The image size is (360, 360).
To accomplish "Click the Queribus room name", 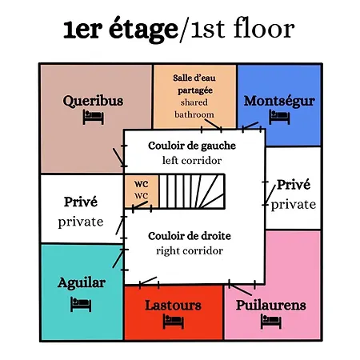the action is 93,102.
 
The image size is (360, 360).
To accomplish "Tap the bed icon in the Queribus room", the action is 93,117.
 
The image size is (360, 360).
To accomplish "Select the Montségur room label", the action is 279,102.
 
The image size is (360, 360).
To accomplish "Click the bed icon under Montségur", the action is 279,117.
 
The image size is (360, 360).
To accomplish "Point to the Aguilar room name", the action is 82,283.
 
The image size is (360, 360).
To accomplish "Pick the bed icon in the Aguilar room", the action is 81,304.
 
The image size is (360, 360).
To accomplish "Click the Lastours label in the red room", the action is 173,306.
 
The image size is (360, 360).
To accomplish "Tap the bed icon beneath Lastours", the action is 174,322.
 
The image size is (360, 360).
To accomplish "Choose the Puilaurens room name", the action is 271,306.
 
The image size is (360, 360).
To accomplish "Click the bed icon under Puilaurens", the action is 271,322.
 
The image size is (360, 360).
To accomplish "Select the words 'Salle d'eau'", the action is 194,78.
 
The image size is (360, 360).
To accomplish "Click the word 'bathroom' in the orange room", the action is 194,114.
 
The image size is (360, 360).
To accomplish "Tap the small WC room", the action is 142,191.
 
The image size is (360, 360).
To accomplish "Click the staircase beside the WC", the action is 192,191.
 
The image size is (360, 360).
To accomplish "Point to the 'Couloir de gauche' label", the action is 192,146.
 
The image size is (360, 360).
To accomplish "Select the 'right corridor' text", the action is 190,251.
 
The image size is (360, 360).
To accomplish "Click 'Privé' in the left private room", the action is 81,202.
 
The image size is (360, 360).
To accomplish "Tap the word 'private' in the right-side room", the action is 294,205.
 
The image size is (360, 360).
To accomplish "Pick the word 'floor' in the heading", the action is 264,28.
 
